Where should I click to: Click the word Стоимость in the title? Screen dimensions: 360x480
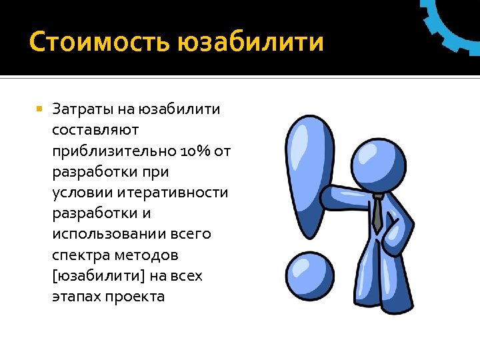[99, 43]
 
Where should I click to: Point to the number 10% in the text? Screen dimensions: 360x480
[197, 151]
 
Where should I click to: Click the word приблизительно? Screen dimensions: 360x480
[114, 151]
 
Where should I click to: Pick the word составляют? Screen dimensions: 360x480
[95, 130]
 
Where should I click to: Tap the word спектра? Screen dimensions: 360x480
[79, 255]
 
